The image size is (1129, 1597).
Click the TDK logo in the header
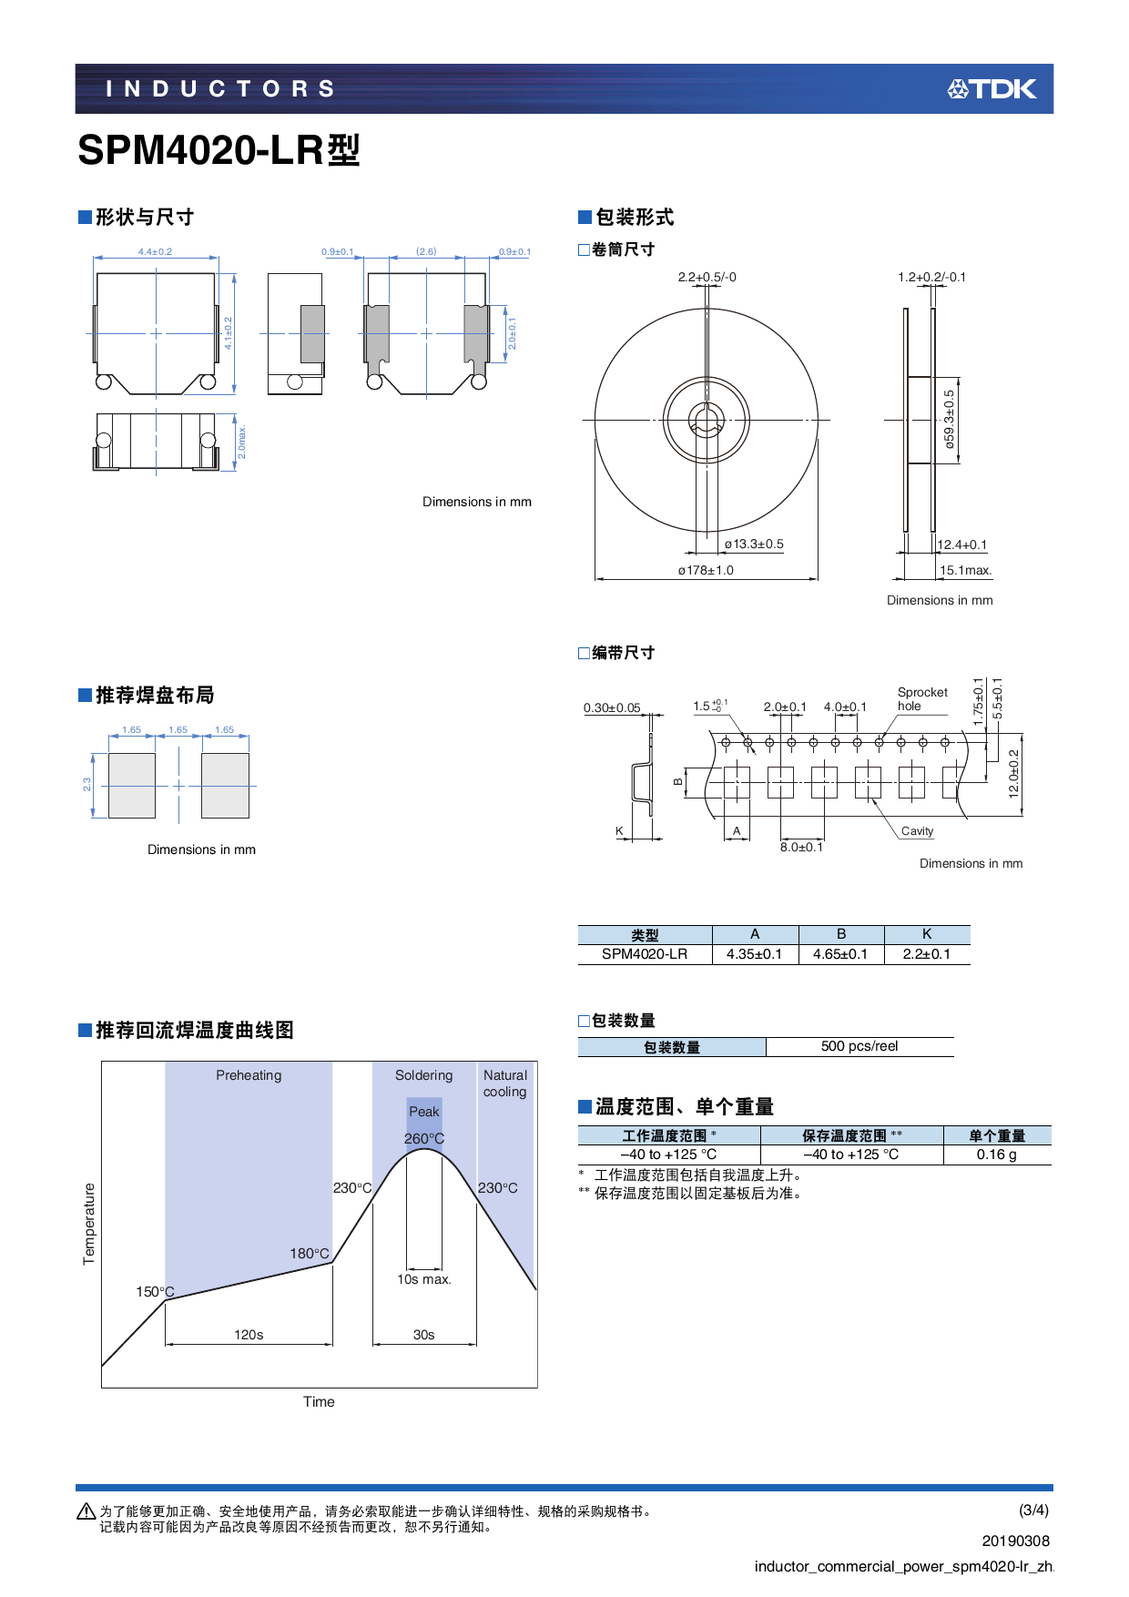992,88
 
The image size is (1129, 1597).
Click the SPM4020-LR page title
219,150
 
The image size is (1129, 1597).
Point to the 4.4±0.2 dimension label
155,251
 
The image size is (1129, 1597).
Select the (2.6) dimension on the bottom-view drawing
426,251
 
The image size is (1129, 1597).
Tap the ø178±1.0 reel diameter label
706,571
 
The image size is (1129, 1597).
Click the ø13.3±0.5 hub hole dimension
754,544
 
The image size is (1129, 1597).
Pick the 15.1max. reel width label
965,571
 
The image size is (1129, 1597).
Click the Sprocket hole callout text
921,699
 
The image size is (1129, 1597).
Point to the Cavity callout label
917,831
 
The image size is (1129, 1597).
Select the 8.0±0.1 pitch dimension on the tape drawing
801,847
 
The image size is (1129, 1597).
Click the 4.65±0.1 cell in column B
840,954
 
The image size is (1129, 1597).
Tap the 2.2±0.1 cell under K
926,954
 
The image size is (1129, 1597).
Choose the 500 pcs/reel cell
859,1046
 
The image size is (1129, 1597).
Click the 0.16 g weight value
996,1155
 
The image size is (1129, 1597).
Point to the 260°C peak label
424,1139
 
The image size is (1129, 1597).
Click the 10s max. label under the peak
423,1279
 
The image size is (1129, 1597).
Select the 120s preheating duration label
249,1335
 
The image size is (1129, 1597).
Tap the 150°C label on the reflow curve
155,1292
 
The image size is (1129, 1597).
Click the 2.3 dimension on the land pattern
87,784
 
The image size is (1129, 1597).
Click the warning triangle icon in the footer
86,1511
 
